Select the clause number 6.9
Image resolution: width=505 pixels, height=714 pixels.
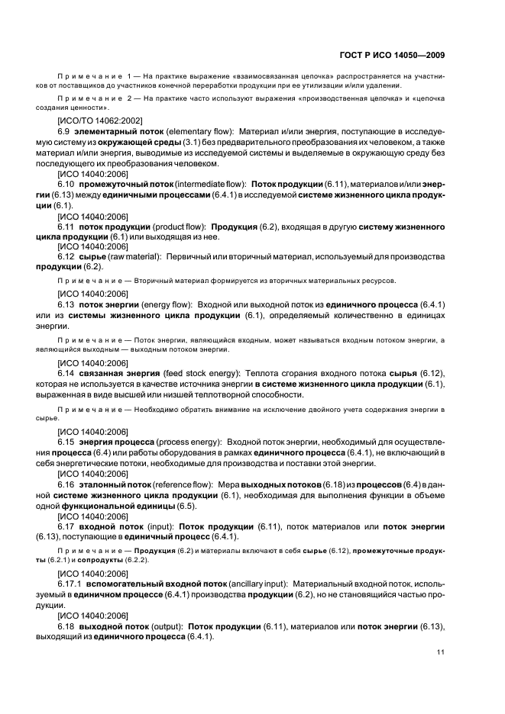pyautogui.click(x=65, y=132)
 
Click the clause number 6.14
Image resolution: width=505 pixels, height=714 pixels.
pyautogui.click(x=67, y=373)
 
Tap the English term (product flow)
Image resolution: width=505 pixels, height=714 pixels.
pyautogui.click(x=179, y=227)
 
